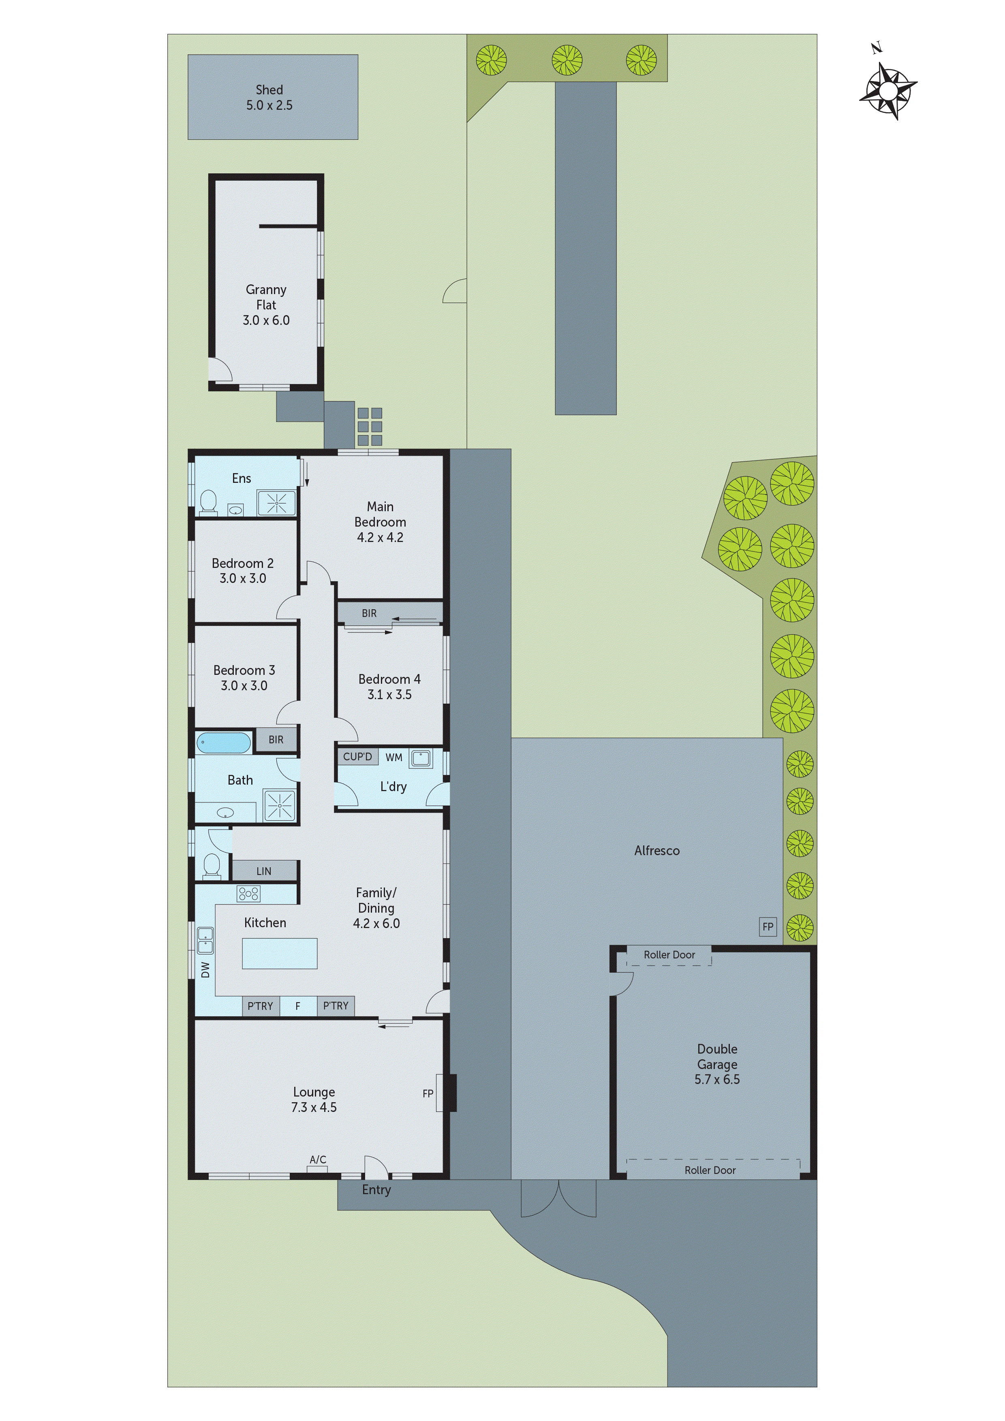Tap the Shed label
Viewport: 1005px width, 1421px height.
click(269, 90)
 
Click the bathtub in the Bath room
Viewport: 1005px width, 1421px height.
click(224, 743)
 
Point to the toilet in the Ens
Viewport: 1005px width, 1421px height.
click(209, 501)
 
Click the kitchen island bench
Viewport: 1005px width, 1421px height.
click(280, 953)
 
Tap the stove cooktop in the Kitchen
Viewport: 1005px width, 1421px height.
click(249, 893)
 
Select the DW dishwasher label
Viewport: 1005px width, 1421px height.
click(205, 970)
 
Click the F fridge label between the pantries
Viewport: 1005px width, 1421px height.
click(298, 1006)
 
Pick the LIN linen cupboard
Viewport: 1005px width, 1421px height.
click(264, 871)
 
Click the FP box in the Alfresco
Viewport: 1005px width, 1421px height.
click(768, 926)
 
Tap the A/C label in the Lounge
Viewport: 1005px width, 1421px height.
click(318, 1159)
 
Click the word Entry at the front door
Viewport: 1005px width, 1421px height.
click(376, 1190)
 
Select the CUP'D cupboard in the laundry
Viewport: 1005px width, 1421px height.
click(357, 756)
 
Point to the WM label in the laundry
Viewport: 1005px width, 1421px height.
click(394, 757)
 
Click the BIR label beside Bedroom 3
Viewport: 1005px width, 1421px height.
click(276, 740)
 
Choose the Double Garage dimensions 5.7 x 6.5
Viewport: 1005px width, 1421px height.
click(717, 1080)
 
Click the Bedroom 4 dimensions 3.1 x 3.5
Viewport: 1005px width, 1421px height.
click(389, 694)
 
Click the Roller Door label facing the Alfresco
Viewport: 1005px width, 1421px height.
click(669, 955)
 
